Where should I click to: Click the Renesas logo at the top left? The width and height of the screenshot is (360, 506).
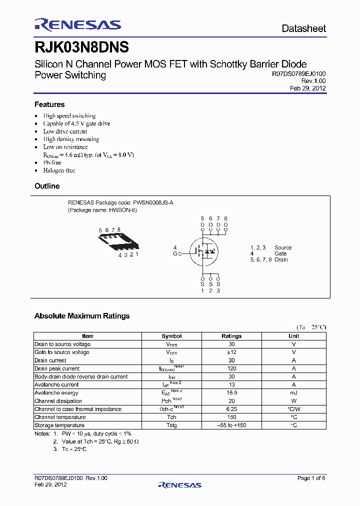click(x=77, y=25)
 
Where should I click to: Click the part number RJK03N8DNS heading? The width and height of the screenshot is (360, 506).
click(x=82, y=47)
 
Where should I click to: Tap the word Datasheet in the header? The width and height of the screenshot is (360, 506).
click(x=303, y=28)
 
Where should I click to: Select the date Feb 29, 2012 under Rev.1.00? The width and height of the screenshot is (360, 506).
click(x=308, y=88)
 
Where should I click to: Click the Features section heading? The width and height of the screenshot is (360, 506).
click(x=49, y=104)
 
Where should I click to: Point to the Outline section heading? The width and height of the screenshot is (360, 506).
click(x=47, y=186)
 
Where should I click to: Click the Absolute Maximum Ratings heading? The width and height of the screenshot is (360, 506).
click(x=82, y=316)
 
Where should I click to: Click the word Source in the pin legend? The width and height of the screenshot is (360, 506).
click(x=283, y=247)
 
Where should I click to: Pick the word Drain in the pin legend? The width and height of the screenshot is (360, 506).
click(x=281, y=259)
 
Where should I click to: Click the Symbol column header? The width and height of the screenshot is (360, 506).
click(x=171, y=336)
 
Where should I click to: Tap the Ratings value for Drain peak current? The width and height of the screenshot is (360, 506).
click(x=231, y=368)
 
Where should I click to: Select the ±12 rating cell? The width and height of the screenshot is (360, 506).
click(x=231, y=352)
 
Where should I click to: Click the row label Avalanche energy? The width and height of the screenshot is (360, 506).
click(x=56, y=393)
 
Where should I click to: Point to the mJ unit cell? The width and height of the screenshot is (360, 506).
click(x=294, y=393)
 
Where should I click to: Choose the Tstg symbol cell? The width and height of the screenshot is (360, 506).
click(x=171, y=425)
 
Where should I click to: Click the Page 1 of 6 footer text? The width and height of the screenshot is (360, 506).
click(x=311, y=478)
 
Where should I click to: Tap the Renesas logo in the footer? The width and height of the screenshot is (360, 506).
click(x=179, y=484)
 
